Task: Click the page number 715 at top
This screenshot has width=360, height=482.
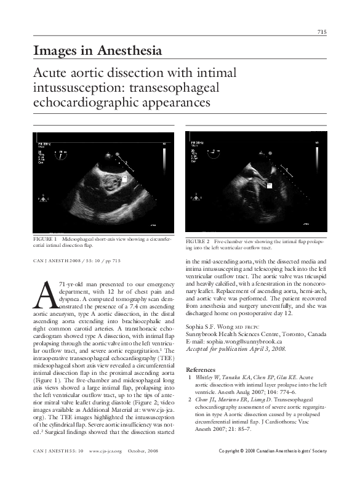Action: pyautogui.click(x=321, y=31)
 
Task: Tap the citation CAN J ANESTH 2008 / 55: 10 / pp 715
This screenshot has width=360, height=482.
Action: pyautogui.click(x=77, y=261)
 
